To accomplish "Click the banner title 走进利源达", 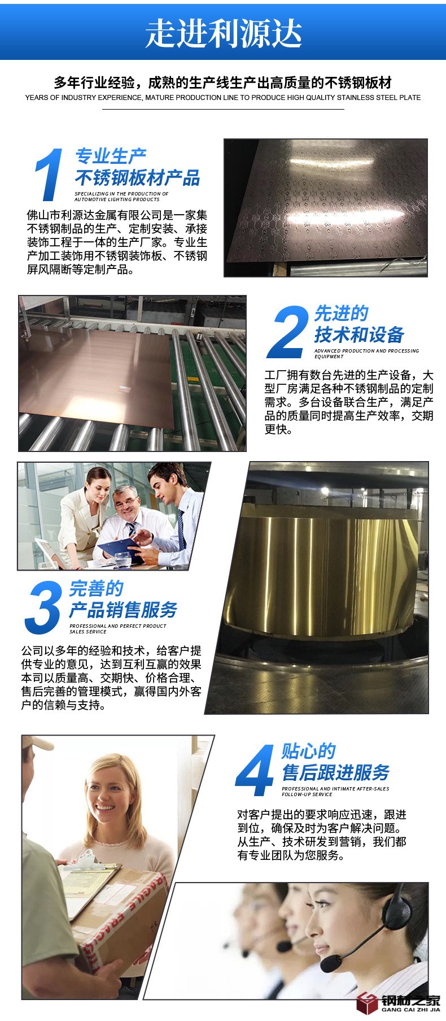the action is (224, 33).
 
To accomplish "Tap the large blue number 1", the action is (49, 174).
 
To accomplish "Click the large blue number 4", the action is (255, 770).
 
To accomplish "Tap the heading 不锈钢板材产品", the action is (138, 178).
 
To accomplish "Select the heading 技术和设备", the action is (360, 334).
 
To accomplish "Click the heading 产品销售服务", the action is (123, 610).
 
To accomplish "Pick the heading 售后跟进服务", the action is (336, 772).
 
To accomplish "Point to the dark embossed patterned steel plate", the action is (326, 208).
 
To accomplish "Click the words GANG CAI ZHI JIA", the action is (410, 1009).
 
